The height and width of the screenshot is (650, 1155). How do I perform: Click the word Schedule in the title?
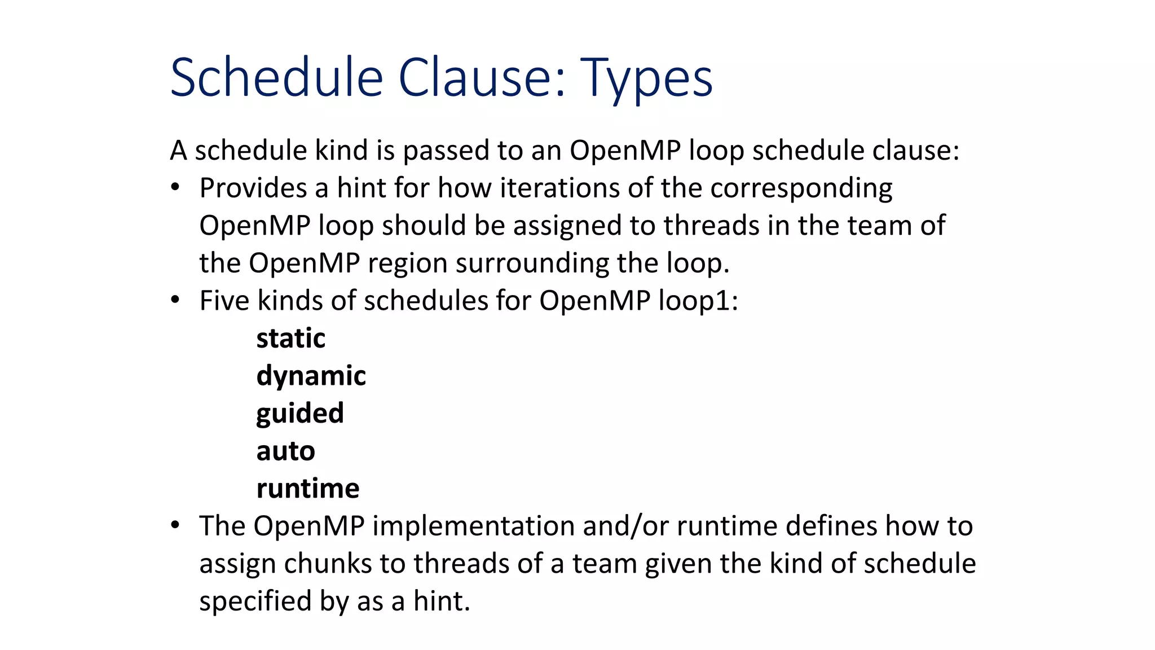point(276,78)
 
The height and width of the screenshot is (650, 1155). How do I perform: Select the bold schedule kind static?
point(290,339)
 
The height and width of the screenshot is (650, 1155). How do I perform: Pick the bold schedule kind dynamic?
point(311,376)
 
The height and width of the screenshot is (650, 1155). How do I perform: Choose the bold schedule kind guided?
point(299,414)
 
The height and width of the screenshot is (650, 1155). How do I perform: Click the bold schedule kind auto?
point(285,451)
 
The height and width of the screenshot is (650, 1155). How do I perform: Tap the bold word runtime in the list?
point(307,489)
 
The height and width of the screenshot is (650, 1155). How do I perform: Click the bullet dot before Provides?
point(175,187)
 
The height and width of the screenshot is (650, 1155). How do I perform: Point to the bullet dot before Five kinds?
point(175,300)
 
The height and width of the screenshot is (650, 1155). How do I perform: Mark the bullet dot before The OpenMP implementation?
point(175,525)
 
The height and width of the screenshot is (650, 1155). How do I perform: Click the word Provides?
point(253,188)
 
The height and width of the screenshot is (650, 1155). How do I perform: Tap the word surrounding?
point(532,263)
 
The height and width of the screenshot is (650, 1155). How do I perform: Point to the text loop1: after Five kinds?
point(698,301)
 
